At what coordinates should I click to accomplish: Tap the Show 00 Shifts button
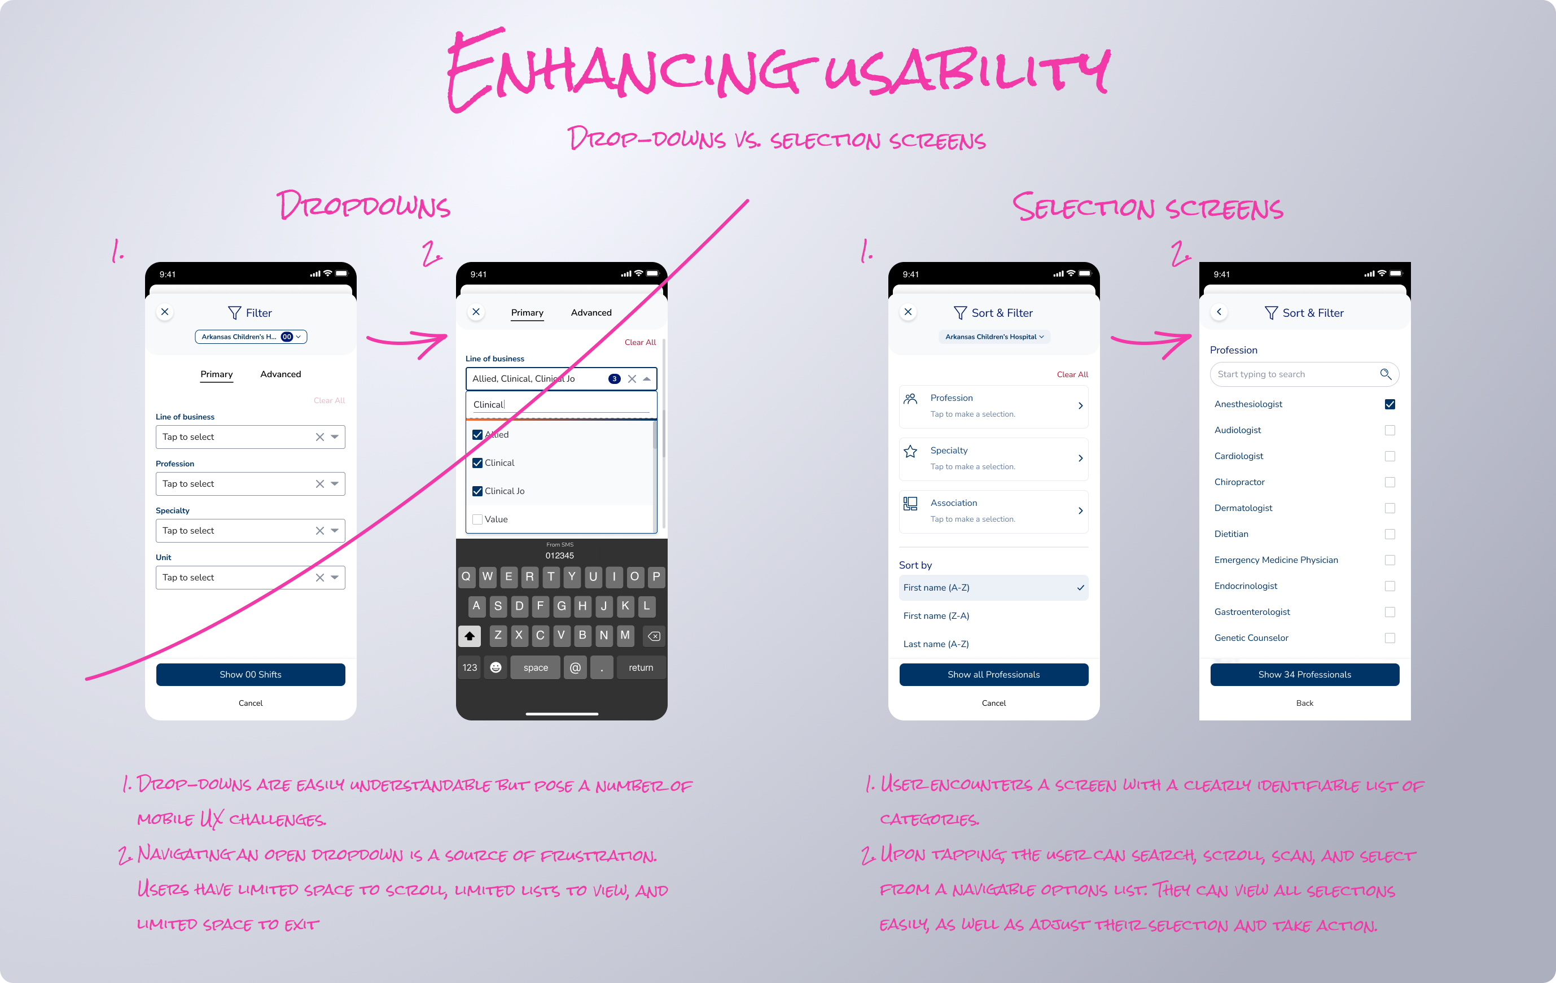pos(250,674)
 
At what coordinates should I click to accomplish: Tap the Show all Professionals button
pos(993,674)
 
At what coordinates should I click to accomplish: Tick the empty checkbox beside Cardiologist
pos(1390,456)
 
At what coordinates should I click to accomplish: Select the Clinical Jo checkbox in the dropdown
pos(477,491)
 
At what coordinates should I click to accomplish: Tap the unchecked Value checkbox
pos(477,519)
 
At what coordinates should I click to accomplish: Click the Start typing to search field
pos(1296,374)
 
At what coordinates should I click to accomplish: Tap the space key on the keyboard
pos(535,667)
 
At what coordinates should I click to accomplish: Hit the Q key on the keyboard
pos(466,576)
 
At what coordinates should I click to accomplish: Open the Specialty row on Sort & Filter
pos(993,458)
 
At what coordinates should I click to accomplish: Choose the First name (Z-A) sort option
pos(936,616)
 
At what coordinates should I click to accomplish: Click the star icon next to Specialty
pos(910,452)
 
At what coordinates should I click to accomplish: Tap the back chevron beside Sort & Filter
pos(1218,312)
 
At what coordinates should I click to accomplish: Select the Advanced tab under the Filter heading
pos(280,374)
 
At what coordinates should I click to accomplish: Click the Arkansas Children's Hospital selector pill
pos(994,337)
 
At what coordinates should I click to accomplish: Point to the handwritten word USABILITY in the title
pos(966,71)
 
